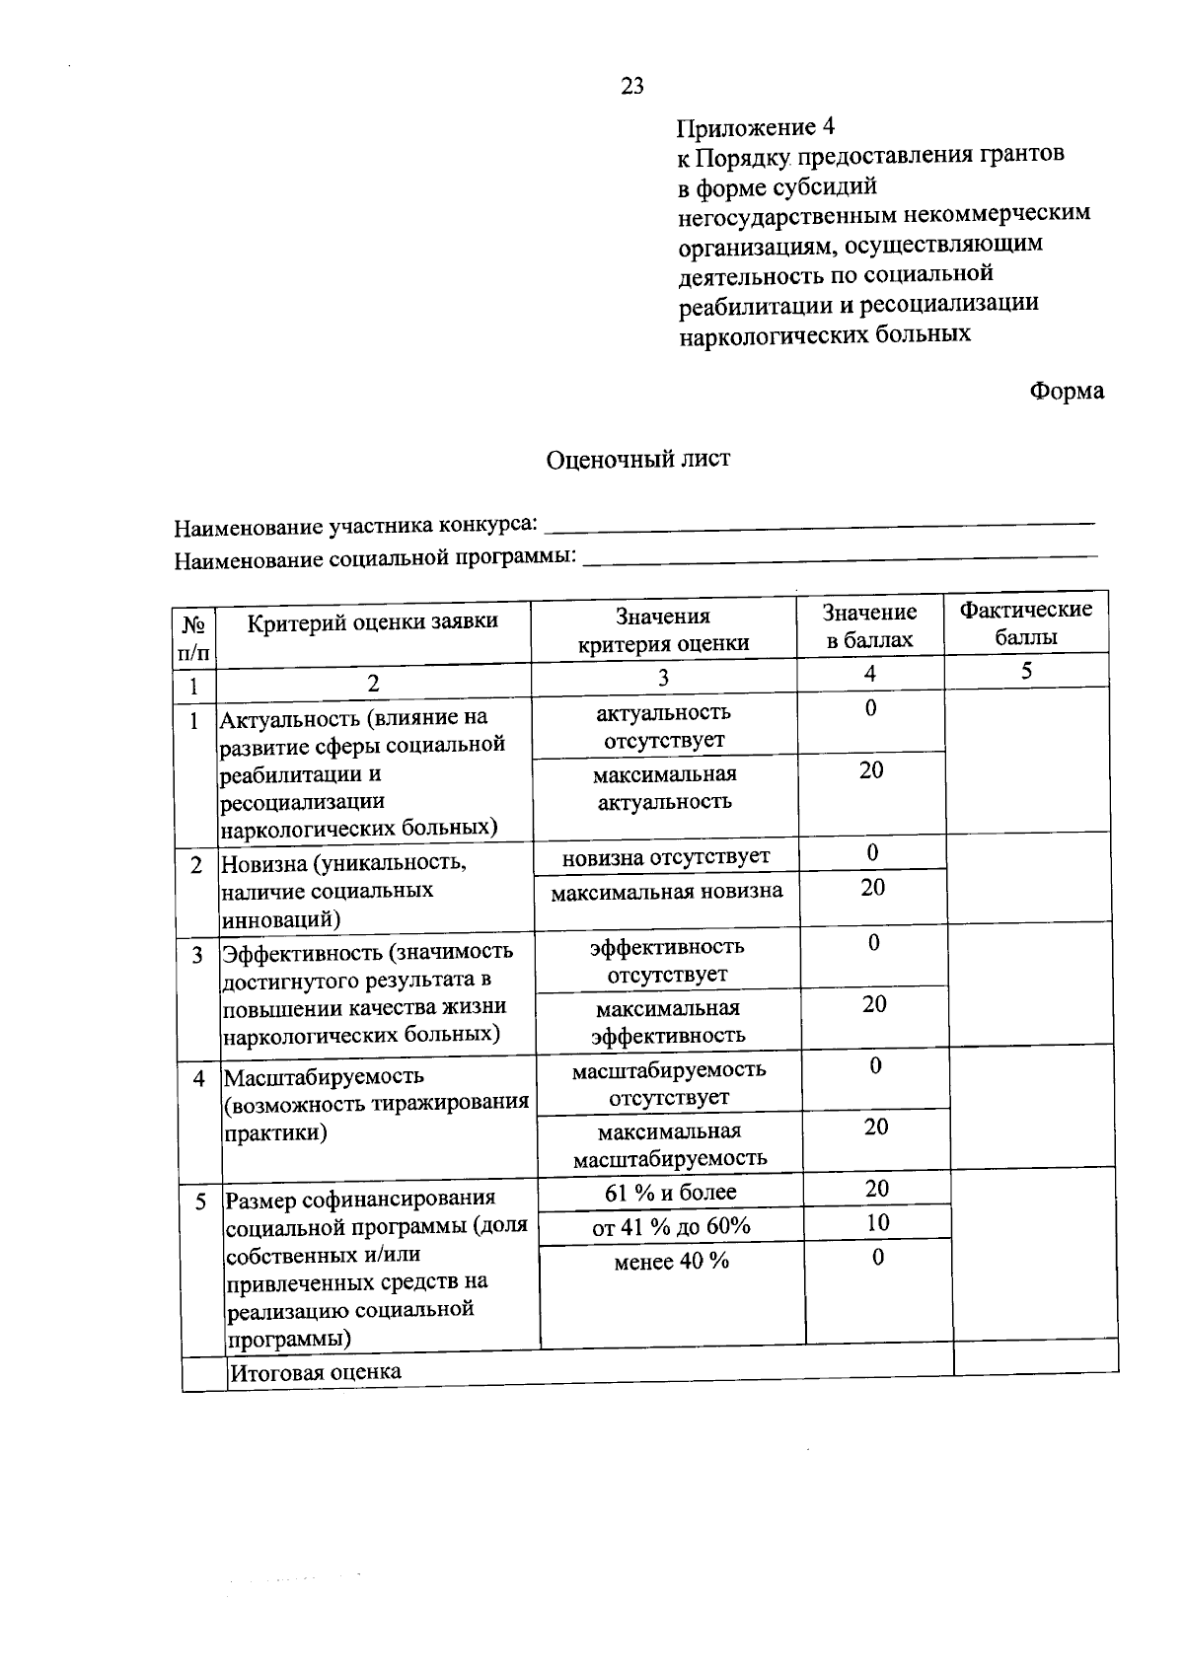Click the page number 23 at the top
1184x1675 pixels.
(632, 86)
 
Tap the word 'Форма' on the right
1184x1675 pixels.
(1067, 392)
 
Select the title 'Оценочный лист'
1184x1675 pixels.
(638, 459)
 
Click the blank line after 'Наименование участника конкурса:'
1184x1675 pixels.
(819, 522)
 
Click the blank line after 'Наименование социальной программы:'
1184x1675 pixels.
(840, 558)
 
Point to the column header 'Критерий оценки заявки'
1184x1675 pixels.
(372, 621)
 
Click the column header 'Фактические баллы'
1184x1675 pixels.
(1026, 623)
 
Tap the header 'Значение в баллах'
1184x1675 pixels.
(870, 626)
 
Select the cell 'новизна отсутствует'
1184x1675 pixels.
(666, 856)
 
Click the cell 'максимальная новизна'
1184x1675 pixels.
(667, 892)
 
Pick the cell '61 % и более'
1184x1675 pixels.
(671, 1192)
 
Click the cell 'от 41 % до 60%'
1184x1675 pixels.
(671, 1226)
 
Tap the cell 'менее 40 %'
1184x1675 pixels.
(671, 1261)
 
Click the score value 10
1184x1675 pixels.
(877, 1223)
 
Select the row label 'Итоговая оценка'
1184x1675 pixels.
(316, 1371)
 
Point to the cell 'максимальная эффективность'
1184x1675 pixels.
(668, 1022)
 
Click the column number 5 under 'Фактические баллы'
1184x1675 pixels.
(1026, 672)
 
